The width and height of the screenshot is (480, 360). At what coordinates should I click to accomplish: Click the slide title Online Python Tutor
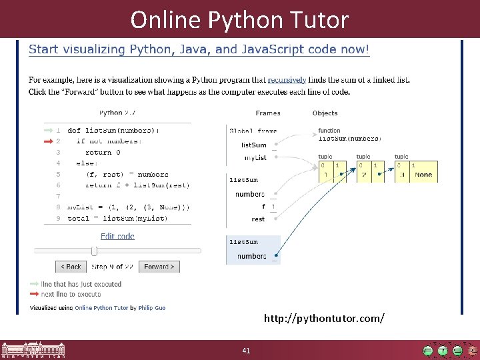(x=239, y=19)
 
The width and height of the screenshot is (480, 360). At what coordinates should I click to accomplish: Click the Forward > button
(x=159, y=267)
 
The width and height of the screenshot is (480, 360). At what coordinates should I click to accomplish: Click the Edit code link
(x=117, y=236)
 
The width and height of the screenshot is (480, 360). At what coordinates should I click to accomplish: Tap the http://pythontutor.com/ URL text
(x=324, y=319)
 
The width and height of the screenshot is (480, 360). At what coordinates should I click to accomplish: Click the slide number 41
(x=246, y=351)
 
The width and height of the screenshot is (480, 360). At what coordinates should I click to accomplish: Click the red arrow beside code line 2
(x=49, y=141)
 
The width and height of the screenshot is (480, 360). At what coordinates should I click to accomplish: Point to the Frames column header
(x=268, y=113)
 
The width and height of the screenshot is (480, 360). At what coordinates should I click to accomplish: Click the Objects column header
(x=325, y=113)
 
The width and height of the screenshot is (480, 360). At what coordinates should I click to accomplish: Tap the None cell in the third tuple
(x=423, y=175)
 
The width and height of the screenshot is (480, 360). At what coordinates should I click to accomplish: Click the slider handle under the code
(x=94, y=251)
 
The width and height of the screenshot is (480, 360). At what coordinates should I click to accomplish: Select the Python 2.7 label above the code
(x=117, y=113)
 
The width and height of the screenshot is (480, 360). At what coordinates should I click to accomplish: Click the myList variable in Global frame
(x=255, y=158)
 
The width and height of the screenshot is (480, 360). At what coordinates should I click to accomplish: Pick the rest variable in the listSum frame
(x=258, y=219)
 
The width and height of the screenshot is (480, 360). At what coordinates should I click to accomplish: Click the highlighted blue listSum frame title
(x=243, y=242)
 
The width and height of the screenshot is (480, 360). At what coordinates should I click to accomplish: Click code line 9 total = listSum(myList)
(x=117, y=218)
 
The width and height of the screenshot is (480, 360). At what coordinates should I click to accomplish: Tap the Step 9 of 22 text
(x=113, y=267)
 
